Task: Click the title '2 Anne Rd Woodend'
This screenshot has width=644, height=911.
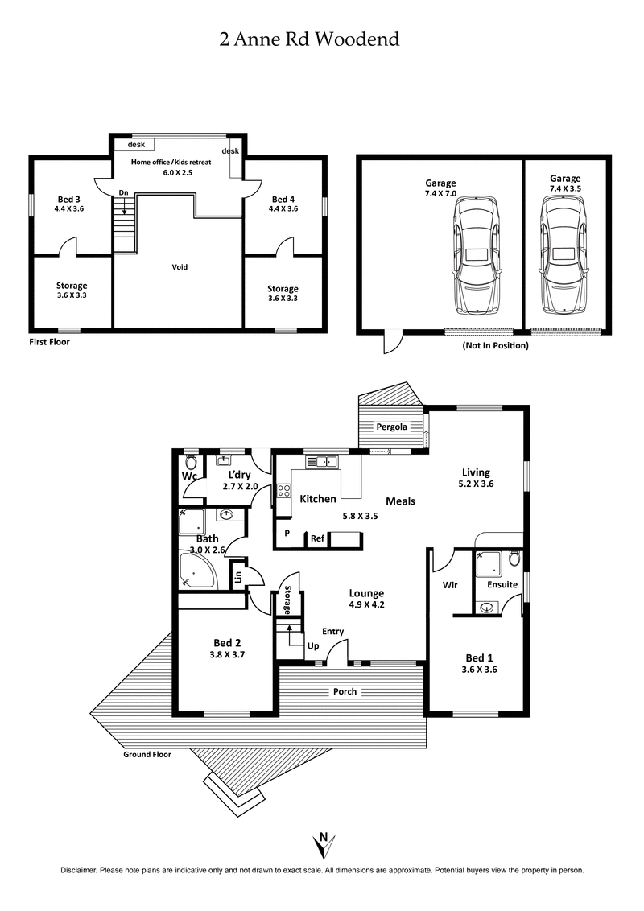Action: coord(309,39)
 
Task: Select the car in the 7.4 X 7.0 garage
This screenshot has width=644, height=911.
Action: coord(477,256)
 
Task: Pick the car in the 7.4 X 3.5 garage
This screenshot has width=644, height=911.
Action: coord(563,256)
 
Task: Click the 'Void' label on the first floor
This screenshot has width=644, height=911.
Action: coord(180,266)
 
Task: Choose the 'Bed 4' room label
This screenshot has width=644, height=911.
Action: coord(283,199)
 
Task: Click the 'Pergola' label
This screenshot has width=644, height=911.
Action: coord(392,427)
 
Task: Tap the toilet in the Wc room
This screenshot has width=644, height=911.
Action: coord(191,462)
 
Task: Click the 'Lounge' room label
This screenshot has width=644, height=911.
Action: coord(366,593)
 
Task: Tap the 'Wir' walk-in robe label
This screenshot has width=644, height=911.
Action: coord(449,585)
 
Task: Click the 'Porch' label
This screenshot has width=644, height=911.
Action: coord(345,691)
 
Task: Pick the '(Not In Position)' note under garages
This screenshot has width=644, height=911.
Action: coord(495,345)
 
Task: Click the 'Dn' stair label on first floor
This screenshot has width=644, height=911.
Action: coord(123,192)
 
